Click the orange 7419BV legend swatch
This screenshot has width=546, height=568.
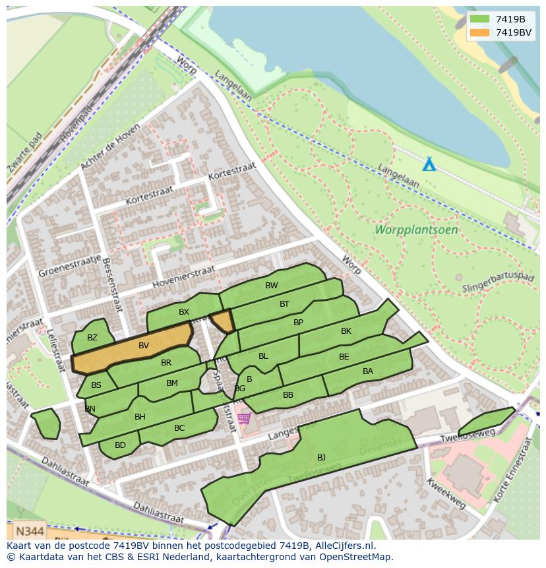click(x=479, y=32)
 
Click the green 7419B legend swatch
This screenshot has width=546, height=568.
click(x=479, y=19)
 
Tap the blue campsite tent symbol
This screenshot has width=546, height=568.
click(x=429, y=164)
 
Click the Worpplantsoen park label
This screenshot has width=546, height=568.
click(x=416, y=230)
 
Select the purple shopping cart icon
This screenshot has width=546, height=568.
click(x=245, y=418)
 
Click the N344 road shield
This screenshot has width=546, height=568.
click(x=30, y=530)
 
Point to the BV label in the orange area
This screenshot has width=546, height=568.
click(x=144, y=345)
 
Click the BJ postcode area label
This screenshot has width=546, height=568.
click(x=321, y=457)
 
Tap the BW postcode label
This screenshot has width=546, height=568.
click(x=271, y=286)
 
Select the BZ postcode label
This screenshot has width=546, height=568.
click(x=92, y=338)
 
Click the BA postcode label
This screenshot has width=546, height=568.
click(x=368, y=371)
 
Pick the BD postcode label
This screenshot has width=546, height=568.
click(x=120, y=445)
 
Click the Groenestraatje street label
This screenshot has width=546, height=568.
click(x=70, y=266)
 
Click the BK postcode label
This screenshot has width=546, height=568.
click(x=346, y=331)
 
